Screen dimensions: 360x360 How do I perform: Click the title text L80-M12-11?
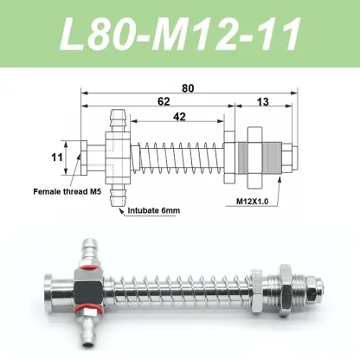tap(180, 34)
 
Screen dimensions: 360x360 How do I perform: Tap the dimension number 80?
tap(188, 88)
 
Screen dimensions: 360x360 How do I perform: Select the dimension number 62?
tap(164, 101)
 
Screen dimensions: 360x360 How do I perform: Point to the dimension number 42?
tap(179, 117)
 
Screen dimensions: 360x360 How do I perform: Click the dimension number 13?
tap(262, 102)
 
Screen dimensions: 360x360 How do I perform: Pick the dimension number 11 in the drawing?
tap(57, 157)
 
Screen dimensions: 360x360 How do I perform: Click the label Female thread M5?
tap(67, 191)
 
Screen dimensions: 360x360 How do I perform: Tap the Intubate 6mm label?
tap(154, 210)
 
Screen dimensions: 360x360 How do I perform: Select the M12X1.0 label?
tap(253, 202)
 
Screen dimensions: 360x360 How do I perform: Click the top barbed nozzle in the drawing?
tap(118, 120)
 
